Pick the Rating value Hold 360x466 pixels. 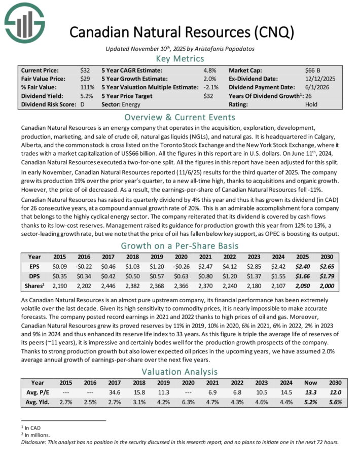click(x=311, y=104)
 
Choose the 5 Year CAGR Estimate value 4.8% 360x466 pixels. click(x=210, y=70)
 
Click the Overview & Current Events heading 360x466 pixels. click(x=179, y=117)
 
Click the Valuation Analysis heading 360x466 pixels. click(x=179, y=370)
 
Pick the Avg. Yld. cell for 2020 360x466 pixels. click(x=193, y=402)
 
